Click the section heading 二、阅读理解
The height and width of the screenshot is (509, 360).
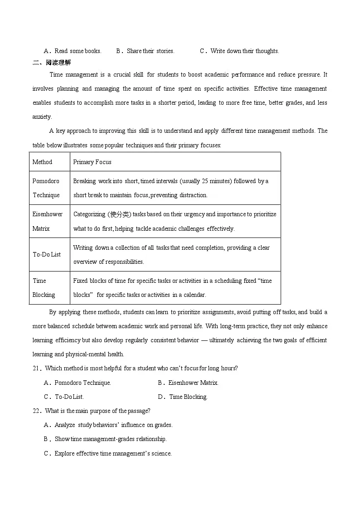point(52,63)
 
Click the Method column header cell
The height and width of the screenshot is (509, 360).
point(42,162)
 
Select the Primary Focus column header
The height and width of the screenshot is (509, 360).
point(92,162)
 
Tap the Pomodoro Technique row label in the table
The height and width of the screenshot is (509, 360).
point(46,188)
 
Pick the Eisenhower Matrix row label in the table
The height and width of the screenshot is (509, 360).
point(47,221)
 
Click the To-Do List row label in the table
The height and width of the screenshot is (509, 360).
point(46,254)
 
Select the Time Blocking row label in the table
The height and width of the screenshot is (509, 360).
point(44,287)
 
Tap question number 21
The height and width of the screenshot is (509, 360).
point(36,368)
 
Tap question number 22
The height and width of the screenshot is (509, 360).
point(36,411)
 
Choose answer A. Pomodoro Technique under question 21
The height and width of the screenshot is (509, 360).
point(78,383)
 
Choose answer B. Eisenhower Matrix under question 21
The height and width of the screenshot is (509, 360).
point(188,383)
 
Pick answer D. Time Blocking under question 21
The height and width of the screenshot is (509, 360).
point(183,397)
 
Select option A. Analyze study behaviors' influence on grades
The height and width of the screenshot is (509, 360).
point(108,425)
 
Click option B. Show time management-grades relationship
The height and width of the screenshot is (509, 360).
point(106,439)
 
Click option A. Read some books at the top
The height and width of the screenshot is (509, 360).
point(73,51)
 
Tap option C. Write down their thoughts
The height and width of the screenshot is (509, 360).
point(239,51)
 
